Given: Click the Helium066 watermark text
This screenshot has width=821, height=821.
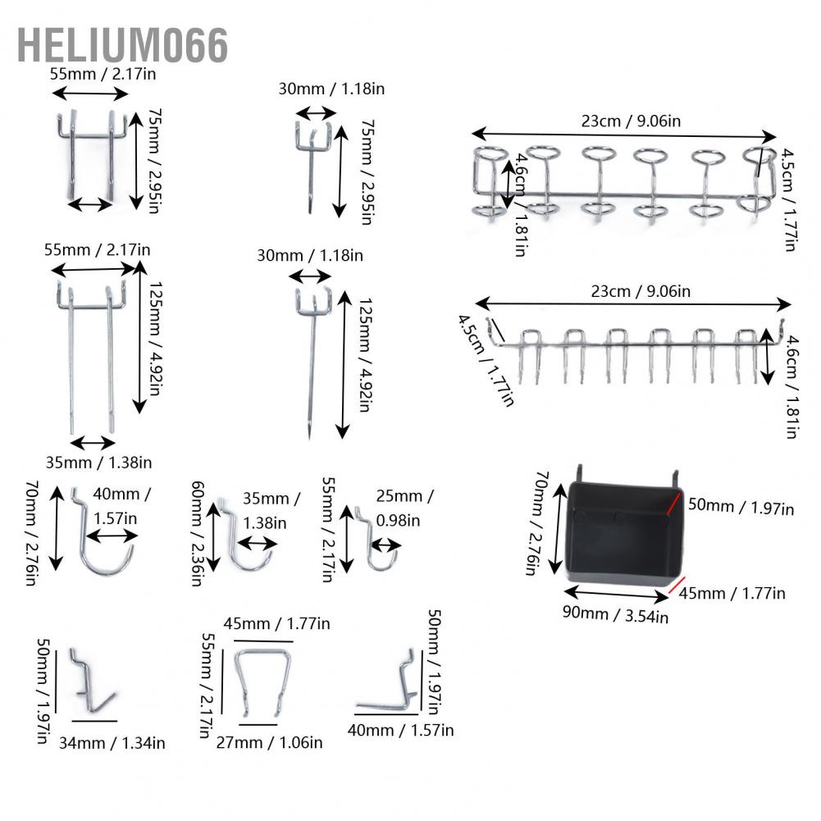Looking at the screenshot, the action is (122, 45).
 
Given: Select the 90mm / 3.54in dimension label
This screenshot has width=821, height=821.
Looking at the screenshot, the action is (615, 614).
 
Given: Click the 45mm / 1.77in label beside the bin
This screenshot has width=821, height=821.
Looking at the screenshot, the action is (732, 593).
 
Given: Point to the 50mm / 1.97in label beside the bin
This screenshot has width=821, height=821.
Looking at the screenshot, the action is (741, 506).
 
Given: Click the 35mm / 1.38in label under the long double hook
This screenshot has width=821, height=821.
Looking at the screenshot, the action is (98, 463).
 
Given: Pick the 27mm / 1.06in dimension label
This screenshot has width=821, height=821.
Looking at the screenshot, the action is (269, 742).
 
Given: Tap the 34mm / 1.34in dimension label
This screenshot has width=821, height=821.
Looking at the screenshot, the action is (112, 743).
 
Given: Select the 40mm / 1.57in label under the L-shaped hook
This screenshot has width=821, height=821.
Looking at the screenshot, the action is (400, 730).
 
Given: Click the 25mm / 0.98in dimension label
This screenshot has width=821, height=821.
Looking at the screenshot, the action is (404, 508).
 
